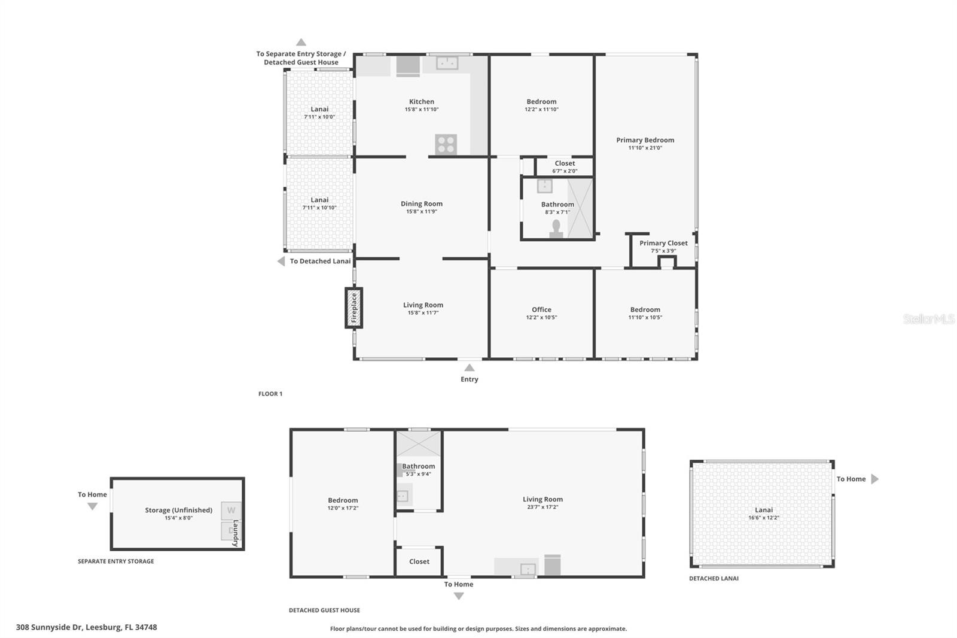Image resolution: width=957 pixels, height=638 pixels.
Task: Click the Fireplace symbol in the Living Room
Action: [353, 308]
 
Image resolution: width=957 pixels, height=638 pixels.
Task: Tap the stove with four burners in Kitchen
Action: [446, 144]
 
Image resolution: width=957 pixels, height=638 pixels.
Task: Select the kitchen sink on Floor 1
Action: [447, 62]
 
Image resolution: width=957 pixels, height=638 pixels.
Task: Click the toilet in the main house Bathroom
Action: [556, 229]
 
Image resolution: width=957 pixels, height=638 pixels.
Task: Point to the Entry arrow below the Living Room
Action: [470, 367]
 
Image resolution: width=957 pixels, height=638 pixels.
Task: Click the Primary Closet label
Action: [663, 243]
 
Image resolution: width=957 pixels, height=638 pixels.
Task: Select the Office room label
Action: [541, 309]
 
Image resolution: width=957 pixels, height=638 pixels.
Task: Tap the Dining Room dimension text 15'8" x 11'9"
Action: [422, 211]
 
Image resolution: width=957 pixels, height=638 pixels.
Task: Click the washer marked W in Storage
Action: [231, 511]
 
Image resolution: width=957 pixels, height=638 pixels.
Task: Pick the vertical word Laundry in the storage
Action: [236, 533]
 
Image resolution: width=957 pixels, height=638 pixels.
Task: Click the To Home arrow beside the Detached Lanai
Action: [874, 479]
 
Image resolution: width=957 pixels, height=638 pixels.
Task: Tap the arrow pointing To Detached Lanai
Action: [281, 261]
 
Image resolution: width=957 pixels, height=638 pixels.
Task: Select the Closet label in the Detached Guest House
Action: [419, 561]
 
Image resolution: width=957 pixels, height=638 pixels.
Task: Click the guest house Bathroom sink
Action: [403, 496]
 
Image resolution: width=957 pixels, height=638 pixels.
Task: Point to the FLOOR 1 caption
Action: [270, 394]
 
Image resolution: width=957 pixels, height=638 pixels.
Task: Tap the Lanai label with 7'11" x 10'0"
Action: [319, 109]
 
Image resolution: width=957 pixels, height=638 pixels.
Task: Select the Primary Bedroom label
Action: [645, 140]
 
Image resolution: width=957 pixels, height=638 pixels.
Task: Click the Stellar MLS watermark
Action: [928, 319]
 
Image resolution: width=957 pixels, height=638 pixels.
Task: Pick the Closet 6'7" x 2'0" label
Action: [565, 163]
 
